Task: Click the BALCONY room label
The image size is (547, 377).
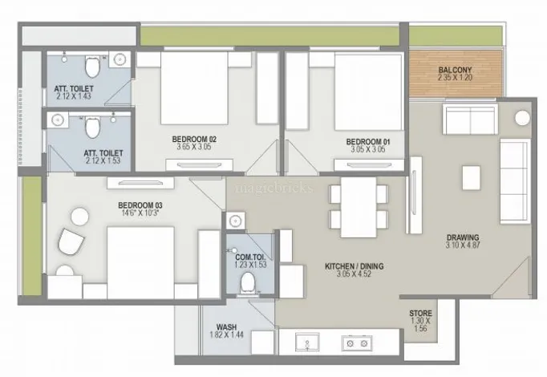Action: pyautogui.click(x=455, y=70)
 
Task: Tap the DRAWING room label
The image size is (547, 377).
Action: pyautogui.click(x=463, y=237)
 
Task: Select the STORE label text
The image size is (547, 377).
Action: pyautogui.click(x=421, y=313)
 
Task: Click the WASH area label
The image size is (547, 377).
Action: pyautogui.click(x=226, y=327)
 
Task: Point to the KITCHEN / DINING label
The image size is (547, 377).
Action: pyautogui.click(x=354, y=266)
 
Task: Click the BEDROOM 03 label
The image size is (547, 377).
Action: pyautogui.click(x=140, y=205)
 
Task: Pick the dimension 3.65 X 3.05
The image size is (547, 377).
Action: pyautogui.click(x=193, y=147)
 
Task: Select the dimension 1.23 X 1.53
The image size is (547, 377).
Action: pyautogui.click(x=250, y=265)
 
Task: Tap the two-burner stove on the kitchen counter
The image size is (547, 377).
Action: pyautogui.click(x=357, y=343)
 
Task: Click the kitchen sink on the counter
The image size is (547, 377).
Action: pyautogui.click(x=307, y=343)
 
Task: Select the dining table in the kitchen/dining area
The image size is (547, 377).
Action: pyautogui.click(x=359, y=207)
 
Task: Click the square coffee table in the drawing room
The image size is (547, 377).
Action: pyautogui.click(x=471, y=177)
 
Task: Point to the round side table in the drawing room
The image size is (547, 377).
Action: pyautogui.click(x=522, y=118)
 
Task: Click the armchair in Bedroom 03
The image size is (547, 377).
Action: pyautogui.click(x=71, y=241)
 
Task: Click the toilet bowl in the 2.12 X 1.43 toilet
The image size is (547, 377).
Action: pyautogui.click(x=92, y=67)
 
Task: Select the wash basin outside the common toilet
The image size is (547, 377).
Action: pyautogui.click(x=236, y=221)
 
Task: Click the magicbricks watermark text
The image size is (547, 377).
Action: pyautogui.click(x=274, y=188)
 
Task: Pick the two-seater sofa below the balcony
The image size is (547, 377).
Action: pyautogui.click(x=470, y=119)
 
